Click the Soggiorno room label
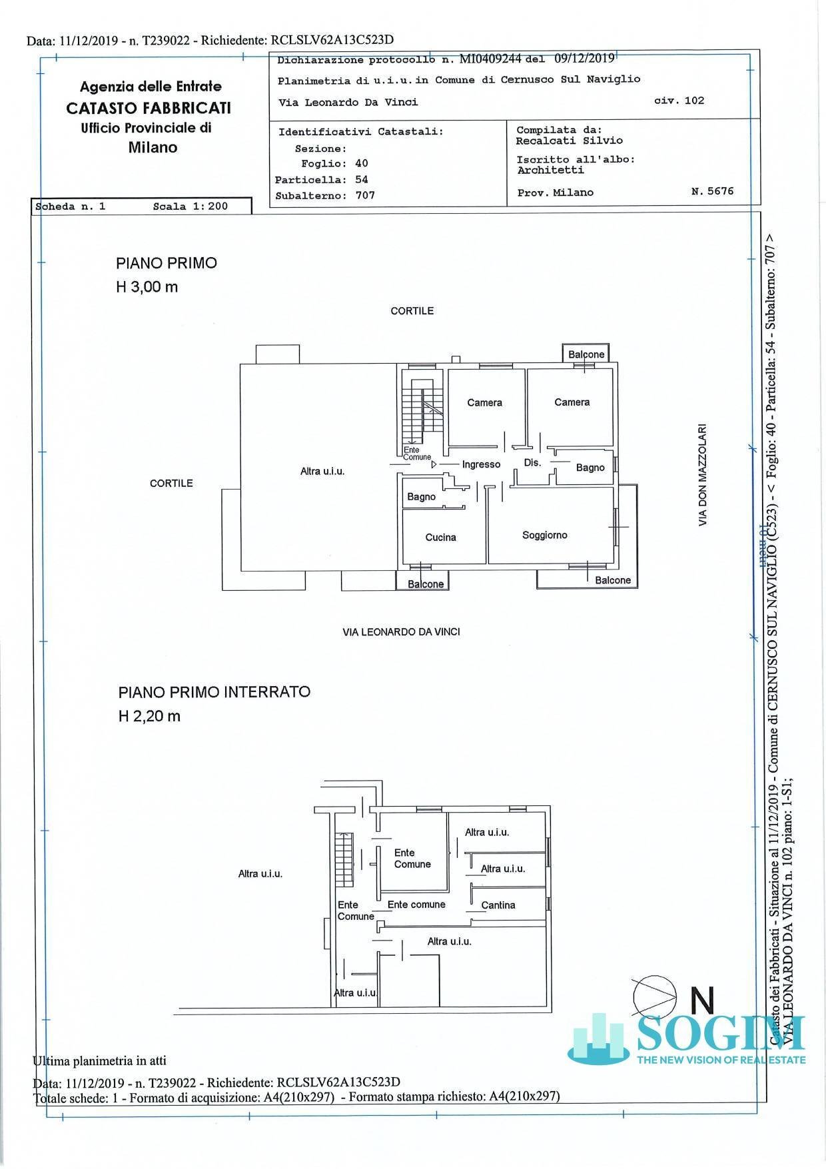coord(544,536)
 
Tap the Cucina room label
coord(440,538)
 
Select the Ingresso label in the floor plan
coord(481,465)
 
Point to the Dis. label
coord(532,463)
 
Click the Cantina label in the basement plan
coord(498,905)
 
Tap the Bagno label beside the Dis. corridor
coord(590,468)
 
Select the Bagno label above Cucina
coord(421,497)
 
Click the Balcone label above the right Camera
coord(586,354)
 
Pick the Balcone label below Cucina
coord(426,584)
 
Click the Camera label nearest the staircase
coord(484,403)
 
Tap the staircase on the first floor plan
coord(420,413)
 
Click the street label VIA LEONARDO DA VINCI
coord(401,632)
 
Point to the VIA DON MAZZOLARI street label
coord(702,476)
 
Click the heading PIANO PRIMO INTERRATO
coord(214,692)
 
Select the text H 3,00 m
coord(147,288)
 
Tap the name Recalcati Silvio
coord(569,141)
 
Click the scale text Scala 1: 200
coord(190,206)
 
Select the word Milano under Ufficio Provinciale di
coord(153,148)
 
